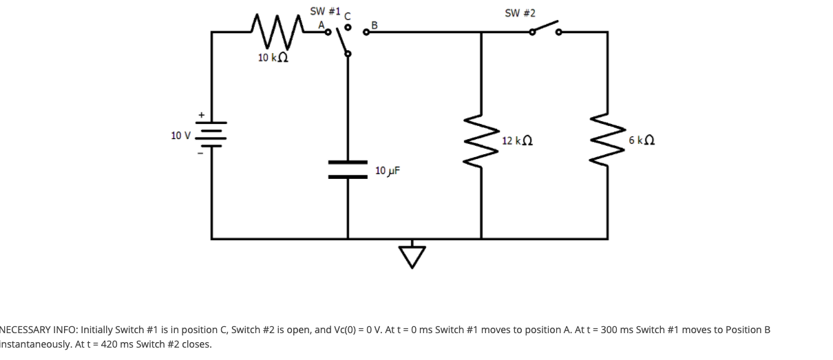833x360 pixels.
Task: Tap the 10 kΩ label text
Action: coord(273,58)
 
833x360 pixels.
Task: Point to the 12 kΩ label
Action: coord(517,141)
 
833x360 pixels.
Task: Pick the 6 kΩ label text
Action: coord(641,141)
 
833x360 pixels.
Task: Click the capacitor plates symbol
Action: coord(348,169)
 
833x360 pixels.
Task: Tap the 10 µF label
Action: coord(388,170)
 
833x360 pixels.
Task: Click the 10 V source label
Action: coord(180,135)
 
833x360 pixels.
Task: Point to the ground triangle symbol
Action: coord(412,257)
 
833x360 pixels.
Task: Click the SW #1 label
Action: coord(326,11)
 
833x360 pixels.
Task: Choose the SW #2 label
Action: coord(520,13)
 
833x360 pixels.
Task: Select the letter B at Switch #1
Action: coord(375,25)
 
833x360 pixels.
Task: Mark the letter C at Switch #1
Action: coord(348,15)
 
